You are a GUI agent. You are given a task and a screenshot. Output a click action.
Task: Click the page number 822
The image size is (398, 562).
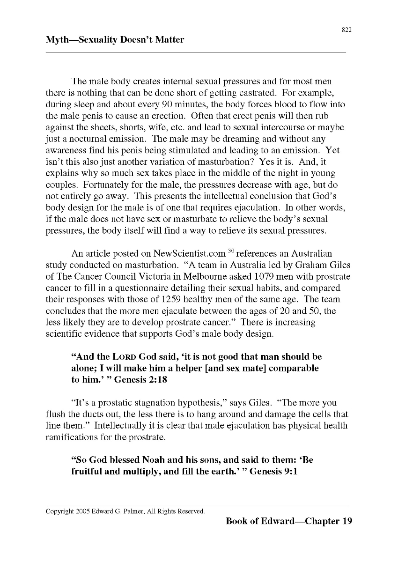tap(346, 30)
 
